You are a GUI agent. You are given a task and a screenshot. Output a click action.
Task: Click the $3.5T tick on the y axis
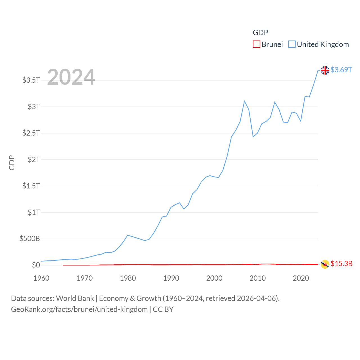[31, 80]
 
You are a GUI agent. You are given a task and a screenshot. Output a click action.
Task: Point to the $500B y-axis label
[30, 239]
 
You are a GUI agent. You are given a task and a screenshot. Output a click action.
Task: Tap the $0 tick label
[36, 265]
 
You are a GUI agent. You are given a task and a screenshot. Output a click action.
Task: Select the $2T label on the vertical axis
[34, 159]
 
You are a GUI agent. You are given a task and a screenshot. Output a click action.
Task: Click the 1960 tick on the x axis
[41, 278]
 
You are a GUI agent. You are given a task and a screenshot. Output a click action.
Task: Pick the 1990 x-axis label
[171, 278]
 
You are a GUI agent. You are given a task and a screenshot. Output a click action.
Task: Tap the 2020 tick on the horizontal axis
[301, 278]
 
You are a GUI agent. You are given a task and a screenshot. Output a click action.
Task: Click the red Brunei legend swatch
[256, 44]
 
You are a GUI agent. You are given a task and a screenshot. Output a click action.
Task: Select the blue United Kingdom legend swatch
[292, 44]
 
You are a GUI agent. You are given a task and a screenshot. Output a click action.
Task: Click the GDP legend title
[260, 33]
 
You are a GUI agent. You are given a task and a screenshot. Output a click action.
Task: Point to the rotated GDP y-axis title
[12, 163]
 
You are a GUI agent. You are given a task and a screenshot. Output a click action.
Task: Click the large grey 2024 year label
[71, 77]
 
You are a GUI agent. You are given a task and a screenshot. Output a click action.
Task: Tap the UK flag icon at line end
[325, 70]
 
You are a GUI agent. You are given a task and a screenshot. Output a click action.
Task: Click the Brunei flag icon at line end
[325, 264]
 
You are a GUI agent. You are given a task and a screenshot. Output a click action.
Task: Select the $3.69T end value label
[341, 70]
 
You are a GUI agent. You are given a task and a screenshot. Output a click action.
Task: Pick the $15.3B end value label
[341, 264]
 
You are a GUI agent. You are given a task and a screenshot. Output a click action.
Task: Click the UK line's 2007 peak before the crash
[244, 101]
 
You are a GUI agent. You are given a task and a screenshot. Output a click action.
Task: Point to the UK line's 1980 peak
[128, 235]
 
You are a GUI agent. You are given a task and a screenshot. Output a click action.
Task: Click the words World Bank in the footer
[75, 298]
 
